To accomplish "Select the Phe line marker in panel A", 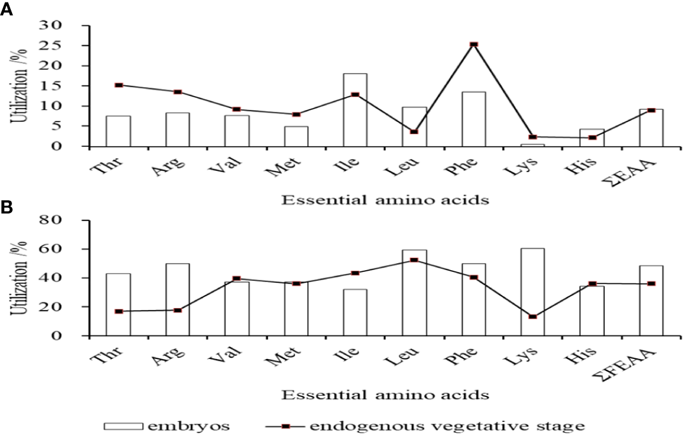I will click(x=474, y=44).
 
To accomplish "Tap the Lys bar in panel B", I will click(x=532, y=292).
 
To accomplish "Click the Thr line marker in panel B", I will click(x=119, y=311).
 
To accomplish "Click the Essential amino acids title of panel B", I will click(x=385, y=395).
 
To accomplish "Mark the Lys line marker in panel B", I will click(x=532, y=316).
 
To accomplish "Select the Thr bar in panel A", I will click(x=119, y=131).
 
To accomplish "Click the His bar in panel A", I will click(x=592, y=138).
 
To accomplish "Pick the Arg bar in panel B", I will click(x=178, y=299).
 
